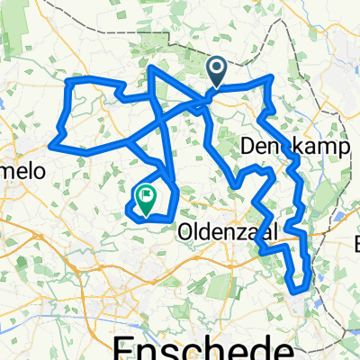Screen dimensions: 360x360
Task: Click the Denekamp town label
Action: click(282, 146)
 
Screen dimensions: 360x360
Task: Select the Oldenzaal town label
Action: click(219, 231)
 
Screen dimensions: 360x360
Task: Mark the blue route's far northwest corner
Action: click(68, 83)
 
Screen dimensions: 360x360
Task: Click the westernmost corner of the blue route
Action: click(54, 143)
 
